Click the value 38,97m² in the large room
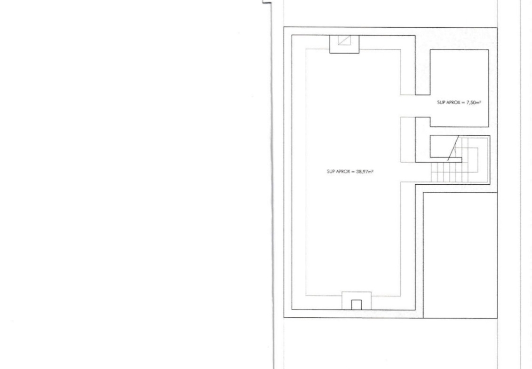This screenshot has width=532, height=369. (x=365, y=172)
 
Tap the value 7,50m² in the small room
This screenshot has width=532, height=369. (x=474, y=102)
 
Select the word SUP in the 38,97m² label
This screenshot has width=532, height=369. (x=331, y=172)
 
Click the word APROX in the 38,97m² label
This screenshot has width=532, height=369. (x=343, y=172)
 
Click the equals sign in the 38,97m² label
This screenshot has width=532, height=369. (x=353, y=172)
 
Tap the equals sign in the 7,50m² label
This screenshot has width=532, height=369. (x=463, y=102)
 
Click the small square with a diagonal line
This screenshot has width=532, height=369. (x=344, y=40)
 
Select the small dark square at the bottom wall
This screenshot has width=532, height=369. (x=356, y=305)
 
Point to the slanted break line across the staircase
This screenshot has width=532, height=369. (x=453, y=148)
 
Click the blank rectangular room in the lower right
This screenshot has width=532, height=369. (x=461, y=255)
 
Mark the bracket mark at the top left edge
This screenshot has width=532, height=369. (x=267, y=2)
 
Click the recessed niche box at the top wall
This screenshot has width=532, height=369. (x=344, y=44)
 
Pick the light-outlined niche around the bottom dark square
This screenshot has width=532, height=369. (x=356, y=301)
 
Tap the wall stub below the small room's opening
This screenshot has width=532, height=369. (x=423, y=140)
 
